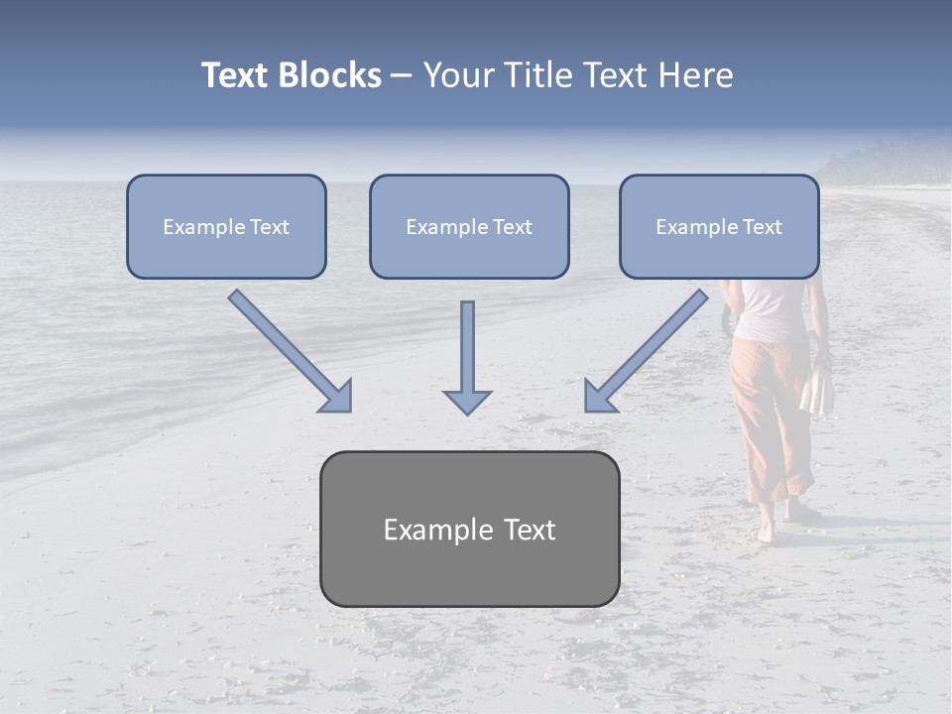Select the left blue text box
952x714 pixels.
(x=226, y=227)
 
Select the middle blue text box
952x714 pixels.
(x=469, y=227)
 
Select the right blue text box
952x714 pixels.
(x=719, y=227)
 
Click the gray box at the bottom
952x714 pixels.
(x=469, y=529)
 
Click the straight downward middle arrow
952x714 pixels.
(x=467, y=357)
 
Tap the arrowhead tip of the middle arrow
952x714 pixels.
(x=467, y=411)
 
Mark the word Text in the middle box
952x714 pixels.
(x=513, y=227)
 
